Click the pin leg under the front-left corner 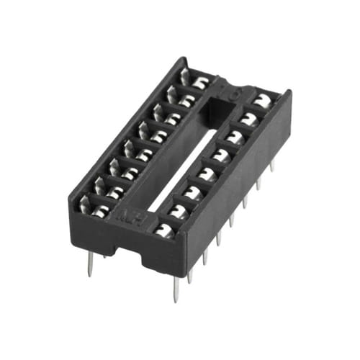point(89,264)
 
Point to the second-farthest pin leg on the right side point(258,183)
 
